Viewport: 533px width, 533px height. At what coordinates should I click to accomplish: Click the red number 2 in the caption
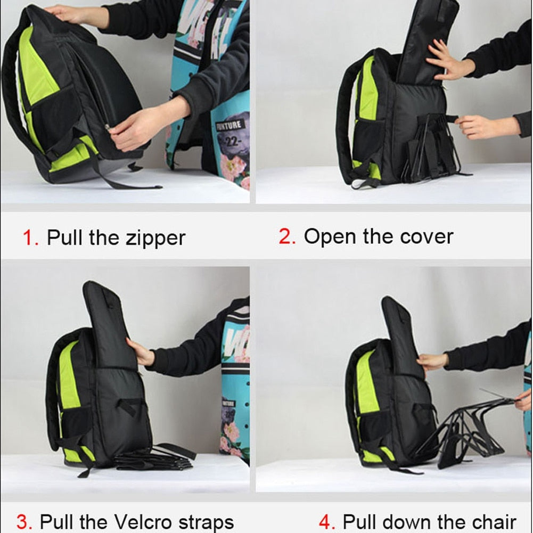(286, 236)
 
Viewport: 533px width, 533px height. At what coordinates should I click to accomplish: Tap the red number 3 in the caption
(23, 522)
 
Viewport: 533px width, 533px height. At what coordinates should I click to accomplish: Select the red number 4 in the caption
(326, 522)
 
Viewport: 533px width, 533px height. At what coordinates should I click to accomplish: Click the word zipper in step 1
(155, 239)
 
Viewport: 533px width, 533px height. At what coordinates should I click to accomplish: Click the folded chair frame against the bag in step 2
(429, 146)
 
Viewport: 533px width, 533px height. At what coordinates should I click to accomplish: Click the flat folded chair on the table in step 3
(152, 459)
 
